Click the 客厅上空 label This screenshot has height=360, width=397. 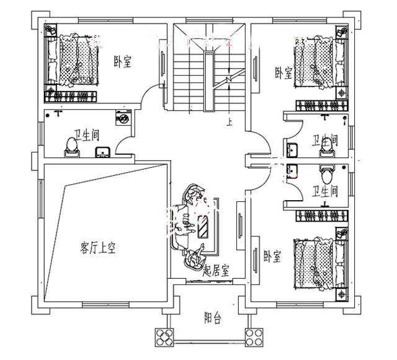pyautogui.click(x=98, y=248)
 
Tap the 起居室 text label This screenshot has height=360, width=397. pyautogui.click(x=216, y=271)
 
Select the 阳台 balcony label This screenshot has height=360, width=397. pyautogui.click(x=213, y=318)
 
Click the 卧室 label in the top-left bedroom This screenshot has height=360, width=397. pyautogui.click(x=122, y=61)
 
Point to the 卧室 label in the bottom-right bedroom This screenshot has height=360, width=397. pyautogui.click(x=272, y=255)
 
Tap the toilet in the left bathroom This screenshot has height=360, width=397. pyautogui.click(x=71, y=144)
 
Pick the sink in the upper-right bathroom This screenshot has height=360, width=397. pyautogui.click(x=293, y=149)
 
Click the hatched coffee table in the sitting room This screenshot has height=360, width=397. pyautogui.click(x=203, y=225)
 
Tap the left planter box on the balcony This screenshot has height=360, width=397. pyautogui.click(x=164, y=337)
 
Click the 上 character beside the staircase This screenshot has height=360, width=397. pyautogui.click(x=230, y=123)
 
